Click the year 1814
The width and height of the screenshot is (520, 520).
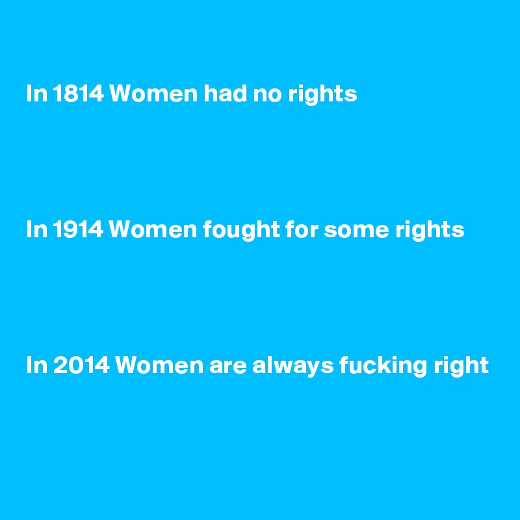(76, 95)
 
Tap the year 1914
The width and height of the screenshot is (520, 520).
(76, 230)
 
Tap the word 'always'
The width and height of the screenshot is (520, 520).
(292, 367)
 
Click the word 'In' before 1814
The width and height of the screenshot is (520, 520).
(35, 95)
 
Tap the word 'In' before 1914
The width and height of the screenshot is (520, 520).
(35, 230)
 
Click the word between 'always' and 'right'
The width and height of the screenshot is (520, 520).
(380, 367)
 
